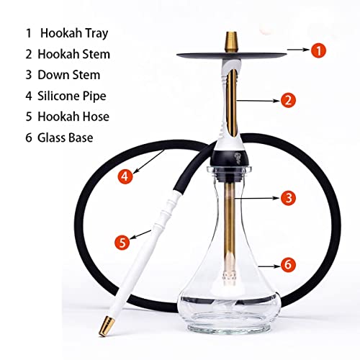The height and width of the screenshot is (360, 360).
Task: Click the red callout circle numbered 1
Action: [318, 52]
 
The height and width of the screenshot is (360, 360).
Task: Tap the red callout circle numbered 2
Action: [289, 100]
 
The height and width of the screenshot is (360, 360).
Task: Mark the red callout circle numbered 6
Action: [288, 265]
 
